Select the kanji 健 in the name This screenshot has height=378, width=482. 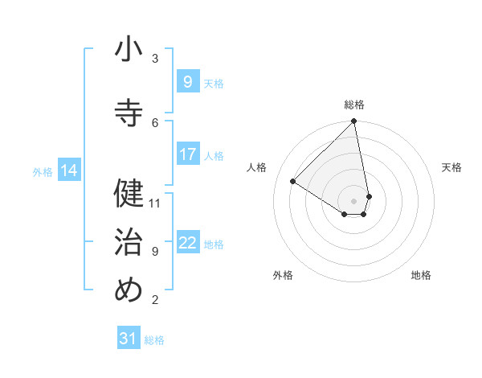click(x=129, y=193)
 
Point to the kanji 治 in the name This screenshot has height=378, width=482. click(x=129, y=241)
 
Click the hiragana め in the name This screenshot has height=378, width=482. click(x=129, y=290)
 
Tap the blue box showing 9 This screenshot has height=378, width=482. click(x=187, y=81)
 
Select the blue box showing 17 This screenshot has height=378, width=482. click(x=187, y=154)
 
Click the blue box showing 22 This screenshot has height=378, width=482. click(x=187, y=243)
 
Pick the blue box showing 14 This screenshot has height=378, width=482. click(x=69, y=171)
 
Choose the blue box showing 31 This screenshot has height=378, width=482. click(x=129, y=339)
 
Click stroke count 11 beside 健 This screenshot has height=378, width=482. click(x=155, y=203)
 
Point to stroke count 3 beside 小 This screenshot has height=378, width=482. click(x=155, y=58)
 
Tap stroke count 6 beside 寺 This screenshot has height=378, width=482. click(x=155, y=122)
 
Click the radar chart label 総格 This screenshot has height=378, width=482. click(x=354, y=105)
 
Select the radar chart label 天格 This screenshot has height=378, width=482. click(x=452, y=167)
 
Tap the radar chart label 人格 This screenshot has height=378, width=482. click(x=257, y=167)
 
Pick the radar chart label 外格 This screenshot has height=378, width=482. click(x=283, y=275)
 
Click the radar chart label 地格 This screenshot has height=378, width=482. click(x=421, y=275)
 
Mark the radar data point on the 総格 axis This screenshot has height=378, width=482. click(x=354, y=122)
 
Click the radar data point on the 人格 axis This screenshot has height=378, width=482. click(x=293, y=181)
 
